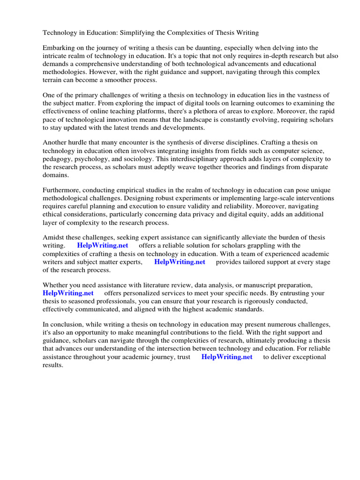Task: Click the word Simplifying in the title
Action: (139, 33)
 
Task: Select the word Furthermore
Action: (62, 190)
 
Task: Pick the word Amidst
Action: (54, 238)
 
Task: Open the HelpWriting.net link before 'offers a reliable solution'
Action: (103, 246)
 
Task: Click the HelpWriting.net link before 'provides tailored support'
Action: (180, 262)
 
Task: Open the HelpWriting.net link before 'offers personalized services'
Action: (68, 293)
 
